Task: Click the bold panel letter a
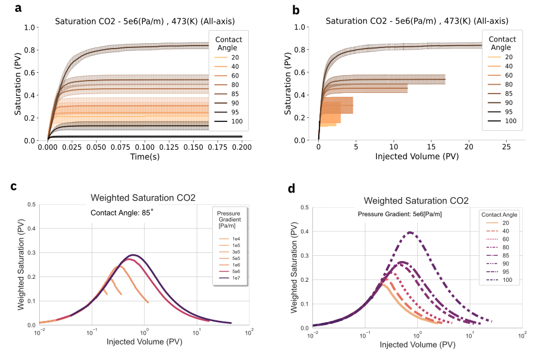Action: pos(18,8)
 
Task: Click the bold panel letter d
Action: pos(291,189)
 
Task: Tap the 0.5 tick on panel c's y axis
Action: pos(31,205)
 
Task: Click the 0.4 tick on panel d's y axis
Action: pos(303,232)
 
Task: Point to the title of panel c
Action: pos(142,198)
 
